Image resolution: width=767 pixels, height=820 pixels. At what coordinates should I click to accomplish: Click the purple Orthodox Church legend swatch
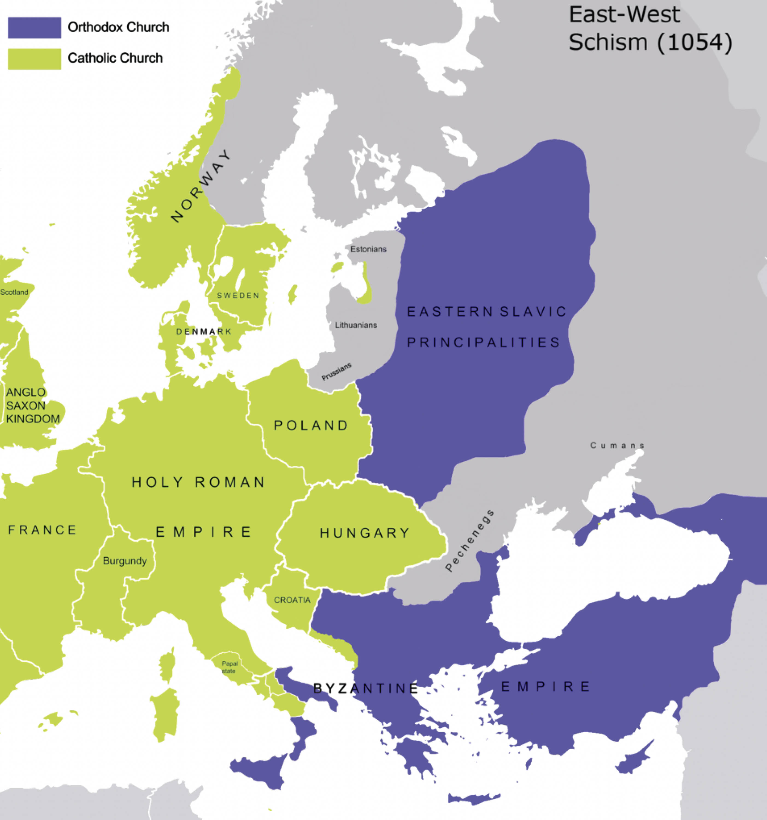tap(35, 28)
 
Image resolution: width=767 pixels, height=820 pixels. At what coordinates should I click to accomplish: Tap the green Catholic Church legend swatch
tap(35, 59)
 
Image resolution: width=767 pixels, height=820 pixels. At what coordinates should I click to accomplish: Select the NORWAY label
tap(201, 186)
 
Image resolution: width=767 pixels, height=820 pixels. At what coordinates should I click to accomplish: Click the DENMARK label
tap(204, 332)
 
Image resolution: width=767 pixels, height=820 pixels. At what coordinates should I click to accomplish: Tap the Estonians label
tap(368, 249)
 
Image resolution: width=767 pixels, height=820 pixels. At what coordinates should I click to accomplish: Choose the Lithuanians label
tap(356, 325)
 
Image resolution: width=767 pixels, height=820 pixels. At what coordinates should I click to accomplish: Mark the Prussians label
tap(336, 371)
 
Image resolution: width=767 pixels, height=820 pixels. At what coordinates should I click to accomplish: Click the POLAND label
tap(311, 425)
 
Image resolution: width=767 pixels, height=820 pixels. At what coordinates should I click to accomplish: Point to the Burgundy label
tap(125, 561)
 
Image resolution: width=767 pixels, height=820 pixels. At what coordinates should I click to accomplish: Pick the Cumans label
tap(617, 446)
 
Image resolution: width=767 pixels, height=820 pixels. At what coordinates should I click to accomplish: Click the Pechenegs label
tap(470, 541)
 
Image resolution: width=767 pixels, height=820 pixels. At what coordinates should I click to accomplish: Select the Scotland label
tap(14, 292)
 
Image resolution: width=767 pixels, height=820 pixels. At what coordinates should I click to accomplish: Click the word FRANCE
tap(42, 530)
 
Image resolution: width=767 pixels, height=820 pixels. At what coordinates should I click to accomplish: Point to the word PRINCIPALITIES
tap(483, 342)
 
